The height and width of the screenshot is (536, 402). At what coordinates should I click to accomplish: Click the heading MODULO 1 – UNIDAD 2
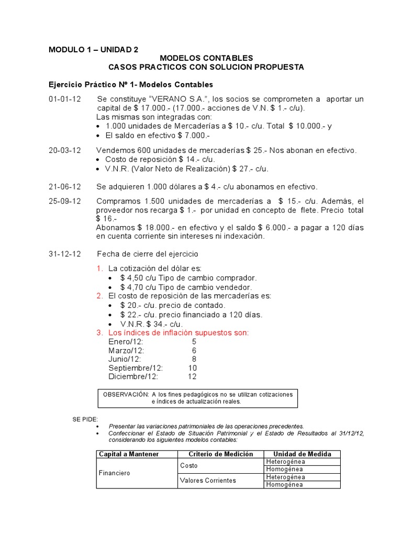(94, 50)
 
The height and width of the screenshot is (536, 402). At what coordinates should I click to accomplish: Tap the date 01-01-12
(65, 99)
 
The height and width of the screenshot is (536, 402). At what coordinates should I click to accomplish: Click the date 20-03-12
(65, 150)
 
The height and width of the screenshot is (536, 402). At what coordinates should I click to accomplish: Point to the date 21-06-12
(65, 187)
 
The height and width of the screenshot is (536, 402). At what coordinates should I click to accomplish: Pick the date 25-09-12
(65, 202)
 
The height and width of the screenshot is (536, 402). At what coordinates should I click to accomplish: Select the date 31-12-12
(65, 254)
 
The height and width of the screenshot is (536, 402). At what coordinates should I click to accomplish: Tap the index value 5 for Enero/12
(194, 342)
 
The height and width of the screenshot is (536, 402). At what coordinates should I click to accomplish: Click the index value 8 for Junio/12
(194, 359)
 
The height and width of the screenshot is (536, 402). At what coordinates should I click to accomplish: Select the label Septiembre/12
(136, 368)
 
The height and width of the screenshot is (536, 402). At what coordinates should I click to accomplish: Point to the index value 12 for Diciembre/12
(192, 376)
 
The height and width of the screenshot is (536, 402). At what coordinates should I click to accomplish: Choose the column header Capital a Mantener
(129, 454)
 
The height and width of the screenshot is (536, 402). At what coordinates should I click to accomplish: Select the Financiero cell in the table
(115, 473)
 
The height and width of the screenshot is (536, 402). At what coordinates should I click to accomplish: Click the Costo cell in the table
(189, 465)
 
